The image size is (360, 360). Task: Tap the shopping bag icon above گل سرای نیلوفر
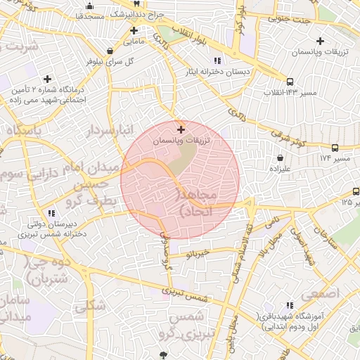110,51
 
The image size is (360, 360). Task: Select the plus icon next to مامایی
134,30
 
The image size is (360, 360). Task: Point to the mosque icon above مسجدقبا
90,7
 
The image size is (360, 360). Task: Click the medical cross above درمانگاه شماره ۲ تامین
47,79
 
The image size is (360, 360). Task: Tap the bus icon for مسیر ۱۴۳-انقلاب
290,81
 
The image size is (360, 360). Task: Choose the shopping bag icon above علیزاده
281,158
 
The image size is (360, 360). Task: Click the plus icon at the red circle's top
181,129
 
